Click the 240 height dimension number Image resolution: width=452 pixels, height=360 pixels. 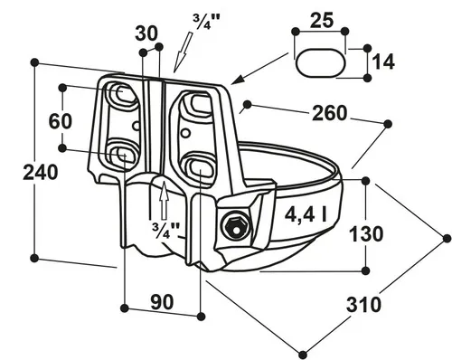click(41, 172)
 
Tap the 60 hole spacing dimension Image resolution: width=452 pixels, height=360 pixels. click(61, 121)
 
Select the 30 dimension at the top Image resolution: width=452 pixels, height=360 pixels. click(146, 33)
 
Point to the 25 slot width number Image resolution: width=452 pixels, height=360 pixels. click(322, 20)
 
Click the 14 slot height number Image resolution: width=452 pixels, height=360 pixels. click(383, 62)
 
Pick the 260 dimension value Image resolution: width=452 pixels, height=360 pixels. click(329, 113)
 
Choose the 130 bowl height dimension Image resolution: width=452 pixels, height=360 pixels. click(366, 234)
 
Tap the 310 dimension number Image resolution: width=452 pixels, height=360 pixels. click(363, 304)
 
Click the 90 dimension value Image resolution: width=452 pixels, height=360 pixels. click(162, 302)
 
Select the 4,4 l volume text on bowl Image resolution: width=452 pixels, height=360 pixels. click(306, 214)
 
